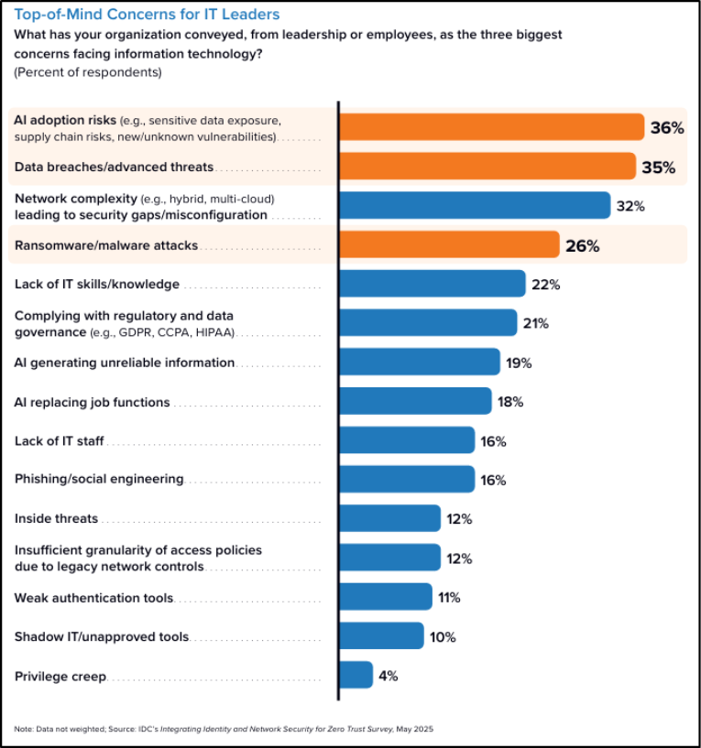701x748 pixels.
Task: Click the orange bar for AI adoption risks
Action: (x=491, y=127)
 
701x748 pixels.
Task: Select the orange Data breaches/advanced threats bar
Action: (x=487, y=167)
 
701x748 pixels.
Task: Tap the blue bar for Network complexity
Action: (x=475, y=206)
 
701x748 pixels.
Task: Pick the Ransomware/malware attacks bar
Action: (x=449, y=245)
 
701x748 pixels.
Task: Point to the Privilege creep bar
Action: (x=356, y=676)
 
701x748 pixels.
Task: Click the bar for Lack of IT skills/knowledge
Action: (x=433, y=284)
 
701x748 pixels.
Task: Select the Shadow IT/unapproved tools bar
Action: (x=381, y=636)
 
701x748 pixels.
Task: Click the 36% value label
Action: (x=666, y=128)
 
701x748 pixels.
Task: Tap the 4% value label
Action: (x=388, y=676)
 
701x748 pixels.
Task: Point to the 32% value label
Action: (x=630, y=206)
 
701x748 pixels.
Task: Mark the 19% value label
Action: (x=519, y=363)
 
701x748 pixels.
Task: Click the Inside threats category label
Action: (x=56, y=519)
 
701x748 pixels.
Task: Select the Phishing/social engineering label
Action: (x=99, y=480)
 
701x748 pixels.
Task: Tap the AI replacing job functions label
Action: (x=92, y=402)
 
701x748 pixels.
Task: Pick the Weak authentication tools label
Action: (x=93, y=598)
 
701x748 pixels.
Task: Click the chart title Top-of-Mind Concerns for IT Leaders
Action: (x=147, y=15)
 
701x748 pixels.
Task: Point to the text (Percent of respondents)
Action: (x=88, y=71)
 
